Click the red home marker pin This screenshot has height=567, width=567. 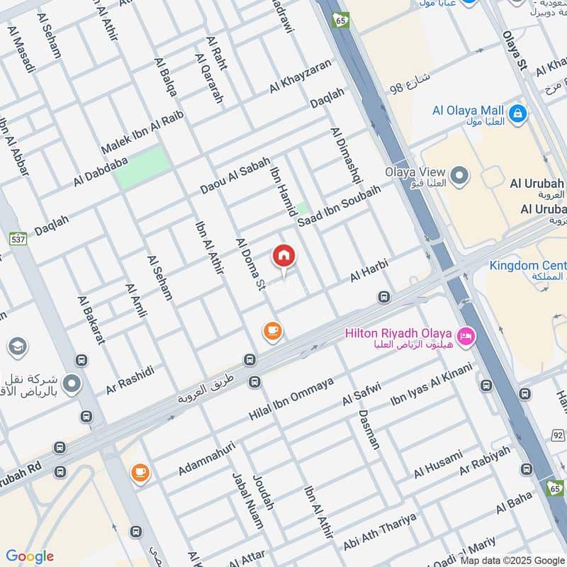click(284, 256)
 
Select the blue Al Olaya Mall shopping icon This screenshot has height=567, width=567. click(518, 113)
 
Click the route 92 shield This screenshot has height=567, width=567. click(558, 434)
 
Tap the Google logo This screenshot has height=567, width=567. click(29, 556)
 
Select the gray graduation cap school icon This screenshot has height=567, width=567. click(17, 346)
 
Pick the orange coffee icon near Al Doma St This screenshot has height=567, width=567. click(272, 330)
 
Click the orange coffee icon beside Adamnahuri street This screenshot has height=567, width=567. click(140, 472)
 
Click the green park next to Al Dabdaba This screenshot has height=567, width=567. click(144, 167)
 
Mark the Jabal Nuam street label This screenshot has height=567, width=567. click(242, 500)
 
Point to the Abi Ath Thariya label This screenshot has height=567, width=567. click(379, 536)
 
